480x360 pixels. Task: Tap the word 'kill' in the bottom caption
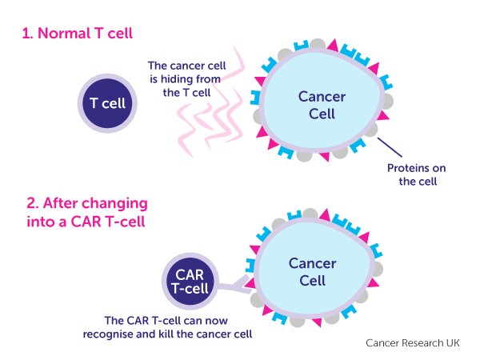[198, 332]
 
